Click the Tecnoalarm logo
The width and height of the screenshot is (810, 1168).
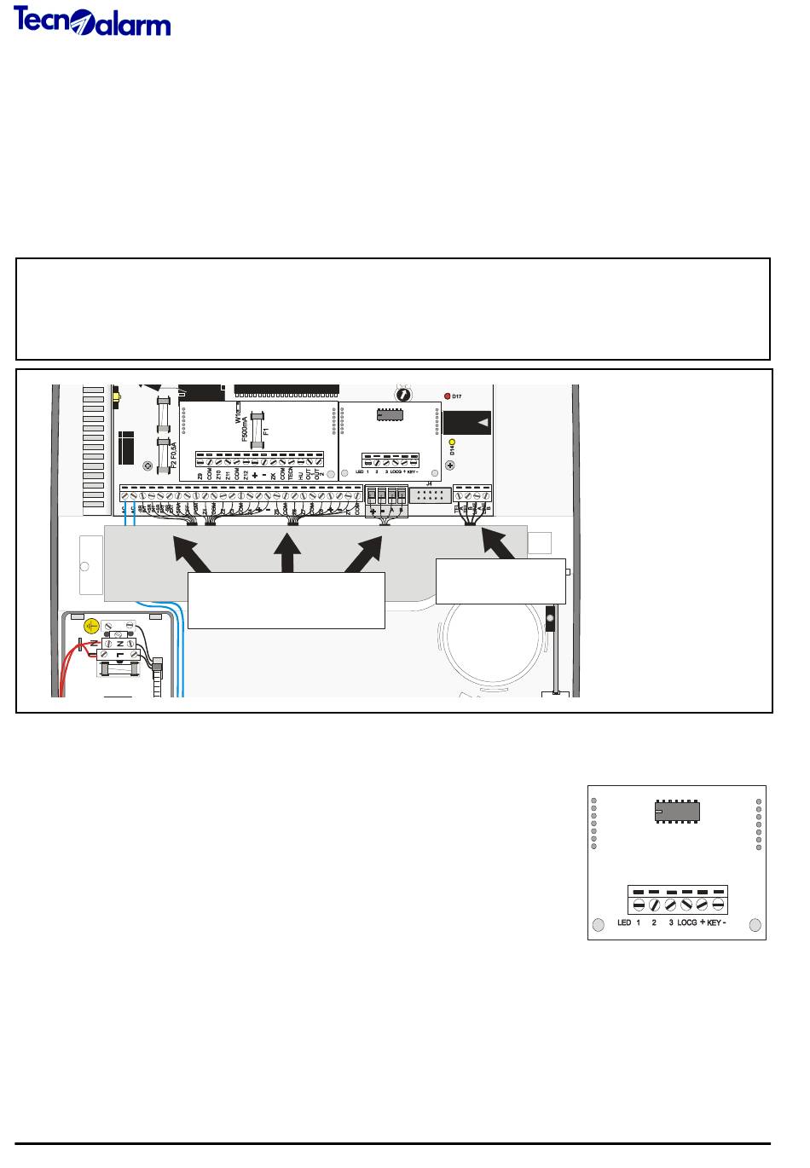(92, 21)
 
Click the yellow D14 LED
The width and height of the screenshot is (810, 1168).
(452, 442)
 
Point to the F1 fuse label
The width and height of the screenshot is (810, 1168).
(266, 432)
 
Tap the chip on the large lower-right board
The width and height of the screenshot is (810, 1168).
(678, 811)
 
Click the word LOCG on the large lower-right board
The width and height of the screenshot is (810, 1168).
(686, 923)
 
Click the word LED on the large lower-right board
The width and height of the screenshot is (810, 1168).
(624, 923)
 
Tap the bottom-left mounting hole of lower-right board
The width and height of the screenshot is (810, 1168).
(599, 924)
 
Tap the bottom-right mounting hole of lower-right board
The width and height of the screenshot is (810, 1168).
(754, 924)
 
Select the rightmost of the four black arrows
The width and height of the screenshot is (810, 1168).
(499, 546)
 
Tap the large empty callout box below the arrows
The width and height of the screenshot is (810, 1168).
(286, 600)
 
